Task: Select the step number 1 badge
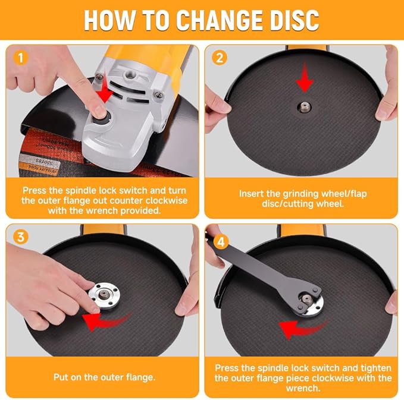pyautogui.click(x=20, y=58)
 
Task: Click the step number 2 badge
pyautogui.click(x=220, y=58)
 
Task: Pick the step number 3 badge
pyautogui.click(x=20, y=237)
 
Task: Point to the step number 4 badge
pyautogui.click(x=221, y=242)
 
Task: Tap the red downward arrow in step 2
pyautogui.click(x=305, y=77)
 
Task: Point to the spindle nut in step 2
pyautogui.click(x=304, y=107)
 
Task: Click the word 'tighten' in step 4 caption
pyautogui.click(x=376, y=368)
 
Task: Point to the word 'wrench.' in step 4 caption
pyautogui.click(x=303, y=388)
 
